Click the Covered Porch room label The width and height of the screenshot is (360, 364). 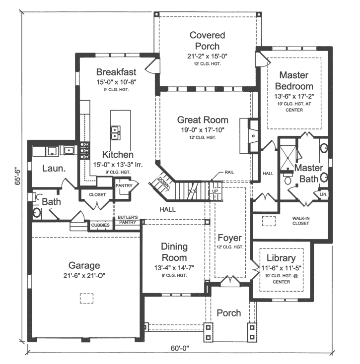(x=207, y=40)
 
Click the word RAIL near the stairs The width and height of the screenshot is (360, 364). (x=229, y=172)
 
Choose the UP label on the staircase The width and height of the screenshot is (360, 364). (x=216, y=191)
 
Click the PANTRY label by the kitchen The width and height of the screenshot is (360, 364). (x=123, y=185)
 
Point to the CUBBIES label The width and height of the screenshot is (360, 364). (x=101, y=225)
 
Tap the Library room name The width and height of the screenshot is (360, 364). (x=281, y=258)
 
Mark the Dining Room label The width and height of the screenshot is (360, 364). (x=174, y=252)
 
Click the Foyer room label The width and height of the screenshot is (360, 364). (x=230, y=238)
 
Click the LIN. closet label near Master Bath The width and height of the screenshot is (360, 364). (x=323, y=194)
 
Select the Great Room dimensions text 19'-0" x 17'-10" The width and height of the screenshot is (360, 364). (x=203, y=130)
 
